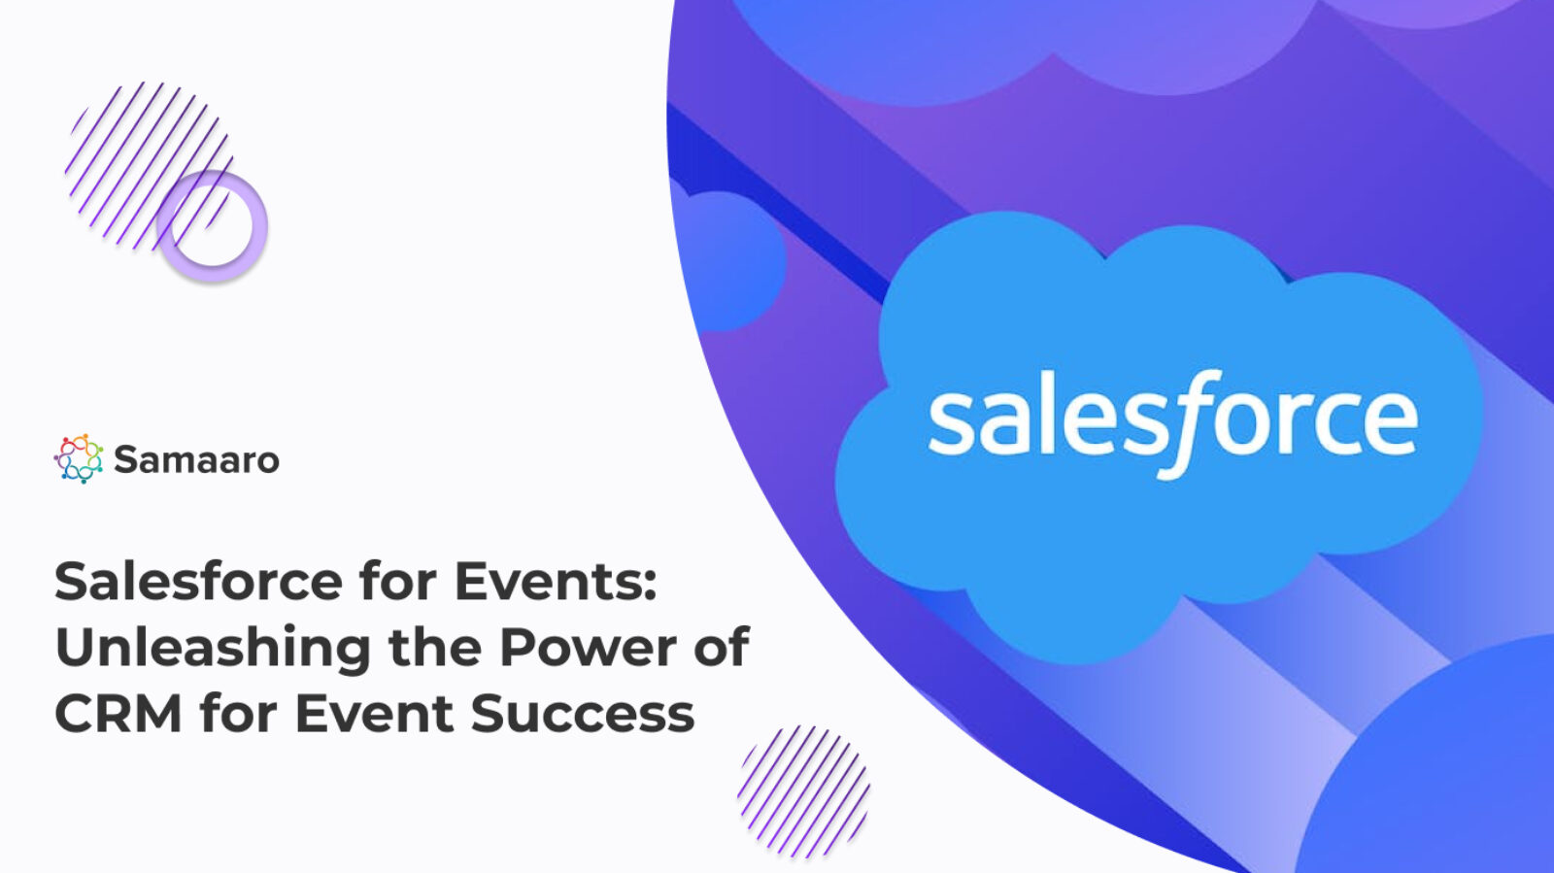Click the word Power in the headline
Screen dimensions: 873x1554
pyautogui.click(x=588, y=648)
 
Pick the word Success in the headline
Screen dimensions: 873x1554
pyautogui.click(x=583, y=714)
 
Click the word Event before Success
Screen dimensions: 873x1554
pyautogui.click(x=374, y=714)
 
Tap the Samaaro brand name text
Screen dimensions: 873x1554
pyautogui.click(x=196, y=459)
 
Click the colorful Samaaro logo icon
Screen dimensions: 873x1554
pyautogui.click(x=79, y=458)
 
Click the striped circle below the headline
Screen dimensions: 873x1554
pyautogui.click(x=803, y=790)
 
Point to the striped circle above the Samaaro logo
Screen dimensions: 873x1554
pyautogui.click(x=146, y=160)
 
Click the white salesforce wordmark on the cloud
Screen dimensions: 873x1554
pyautogui.click(x=1172, y=420)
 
